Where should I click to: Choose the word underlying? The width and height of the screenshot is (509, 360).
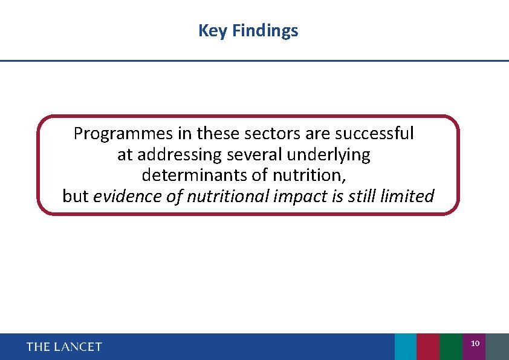[x=329, y=155]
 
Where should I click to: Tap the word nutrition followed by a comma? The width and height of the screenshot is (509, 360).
[x=310, y=175]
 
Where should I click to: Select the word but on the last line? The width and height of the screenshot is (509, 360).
[x=76, y=196]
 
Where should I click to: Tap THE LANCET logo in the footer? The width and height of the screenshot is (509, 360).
[x=64, y=347]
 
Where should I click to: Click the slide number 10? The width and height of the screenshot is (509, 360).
[x=475, y=344]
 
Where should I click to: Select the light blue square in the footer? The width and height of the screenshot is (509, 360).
[x=405, y=347]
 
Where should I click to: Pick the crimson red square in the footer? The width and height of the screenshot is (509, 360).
[x=428, y=347]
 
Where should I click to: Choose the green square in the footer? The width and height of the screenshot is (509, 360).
[x=450, y=347]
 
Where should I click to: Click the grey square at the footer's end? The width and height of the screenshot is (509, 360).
[x=497, y=347]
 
